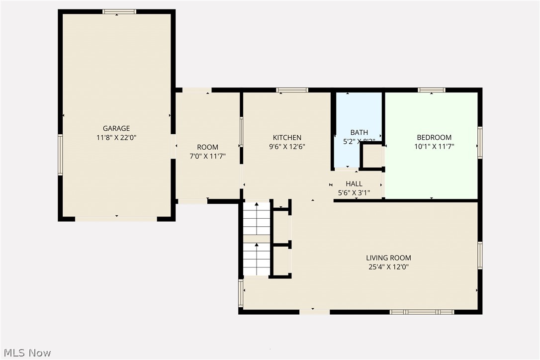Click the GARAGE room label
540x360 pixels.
116,128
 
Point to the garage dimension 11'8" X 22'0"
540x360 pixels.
116,138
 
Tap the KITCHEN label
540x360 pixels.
287,138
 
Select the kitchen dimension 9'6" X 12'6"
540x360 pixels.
287,147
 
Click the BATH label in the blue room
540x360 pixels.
359,132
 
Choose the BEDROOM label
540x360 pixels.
434,138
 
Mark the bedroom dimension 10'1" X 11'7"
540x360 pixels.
434,147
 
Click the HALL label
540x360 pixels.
354,184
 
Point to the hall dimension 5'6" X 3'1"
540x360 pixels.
354,193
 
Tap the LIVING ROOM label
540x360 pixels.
388,258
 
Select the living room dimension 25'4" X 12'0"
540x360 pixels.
388,267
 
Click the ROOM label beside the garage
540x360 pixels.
207,147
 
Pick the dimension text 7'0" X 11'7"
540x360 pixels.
207,156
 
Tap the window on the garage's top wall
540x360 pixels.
119,11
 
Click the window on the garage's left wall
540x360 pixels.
60,155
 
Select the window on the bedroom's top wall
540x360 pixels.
431,90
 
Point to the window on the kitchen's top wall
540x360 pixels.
292,90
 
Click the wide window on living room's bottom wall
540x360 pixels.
422,312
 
